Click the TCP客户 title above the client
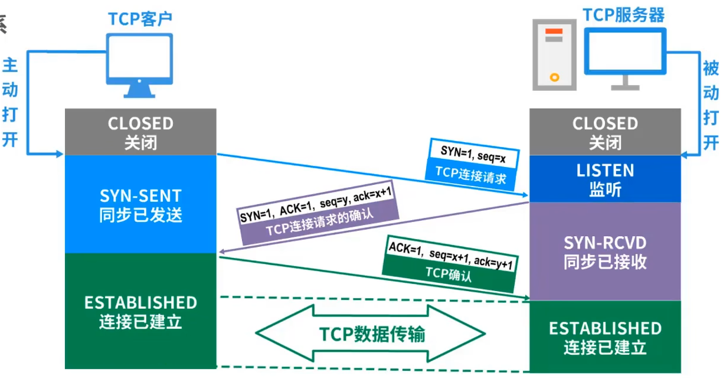coord(140,19)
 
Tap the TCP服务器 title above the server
coord(624,15)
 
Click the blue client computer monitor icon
coord(139,66)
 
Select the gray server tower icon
coord(554,54)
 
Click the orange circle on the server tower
coord(555,77)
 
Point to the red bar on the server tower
coord(554,31)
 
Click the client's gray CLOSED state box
coord(140,132)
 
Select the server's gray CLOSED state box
coord(605,132)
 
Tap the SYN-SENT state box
coord(140,204)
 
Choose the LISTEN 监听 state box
coord(605,179)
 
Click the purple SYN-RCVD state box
coord(605,252)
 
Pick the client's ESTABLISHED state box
coord(140,311)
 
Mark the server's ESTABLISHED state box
coord(605,337)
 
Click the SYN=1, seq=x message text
coord(473,154)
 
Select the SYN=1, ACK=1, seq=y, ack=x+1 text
coord(316,205)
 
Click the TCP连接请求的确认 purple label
coord(320,222)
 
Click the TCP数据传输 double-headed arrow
coord(371,333)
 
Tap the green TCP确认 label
coord(449,274)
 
